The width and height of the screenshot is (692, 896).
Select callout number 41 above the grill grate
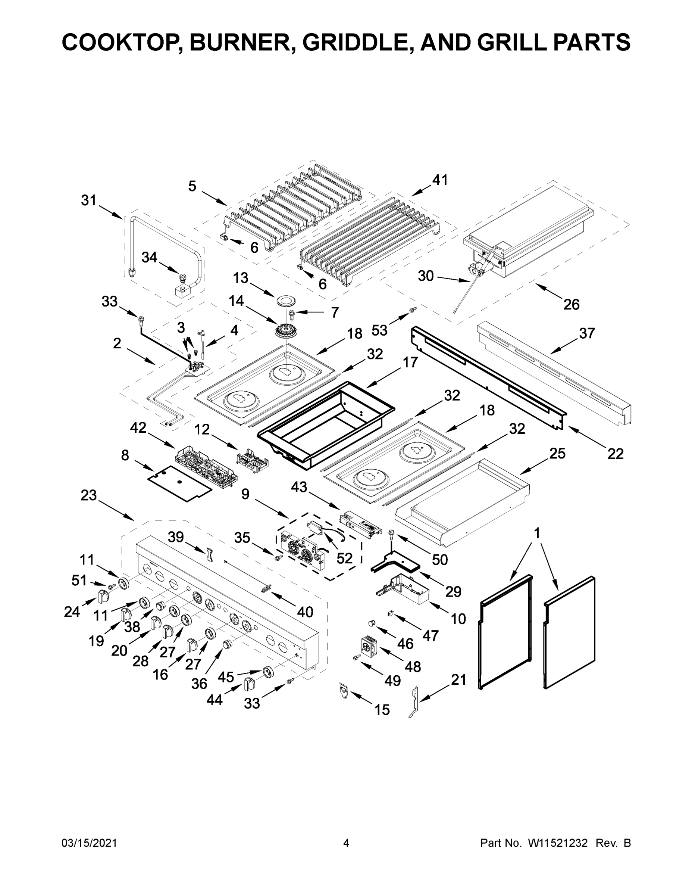(x=440, y=180)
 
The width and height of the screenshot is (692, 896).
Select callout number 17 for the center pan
(x=410, y=362)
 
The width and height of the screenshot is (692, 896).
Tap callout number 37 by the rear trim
(x=587, y=333)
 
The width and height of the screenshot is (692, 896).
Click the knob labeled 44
(x=250, y=684)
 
